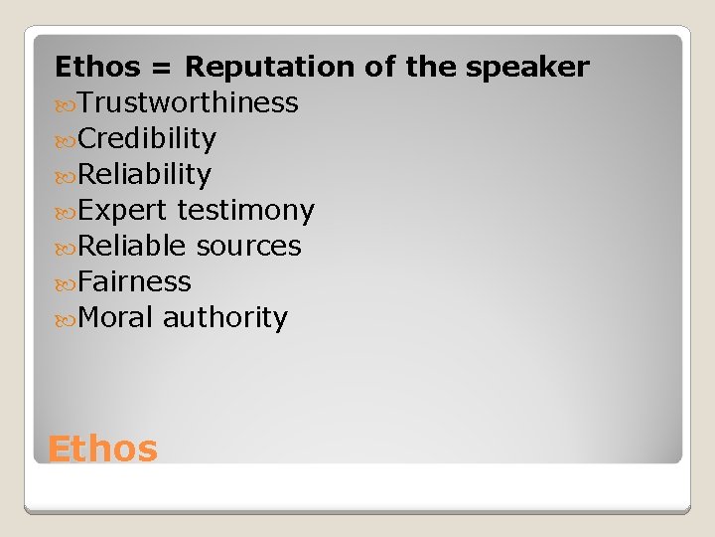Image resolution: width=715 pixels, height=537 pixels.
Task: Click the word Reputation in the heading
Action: (x=270, y=68)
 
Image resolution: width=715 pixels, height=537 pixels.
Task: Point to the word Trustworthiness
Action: (x=188, y=102)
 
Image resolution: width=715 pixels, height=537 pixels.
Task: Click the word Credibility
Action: (x=147, y=138)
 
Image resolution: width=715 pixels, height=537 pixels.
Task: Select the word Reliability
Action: (x=144, y=175)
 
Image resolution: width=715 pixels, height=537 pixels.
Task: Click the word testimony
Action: (x=245, y=211)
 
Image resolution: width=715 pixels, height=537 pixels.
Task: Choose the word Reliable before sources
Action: (x=132, y=246)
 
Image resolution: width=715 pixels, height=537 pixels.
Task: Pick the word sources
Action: (x=249, y=247)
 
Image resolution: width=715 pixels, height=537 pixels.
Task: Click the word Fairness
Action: (x=134, y=281)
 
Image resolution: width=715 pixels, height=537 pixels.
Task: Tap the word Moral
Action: (x=115, y=318)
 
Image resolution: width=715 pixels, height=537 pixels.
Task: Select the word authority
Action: (x=225, y=318)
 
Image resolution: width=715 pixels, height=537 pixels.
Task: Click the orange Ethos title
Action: (x=102, y=449)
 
